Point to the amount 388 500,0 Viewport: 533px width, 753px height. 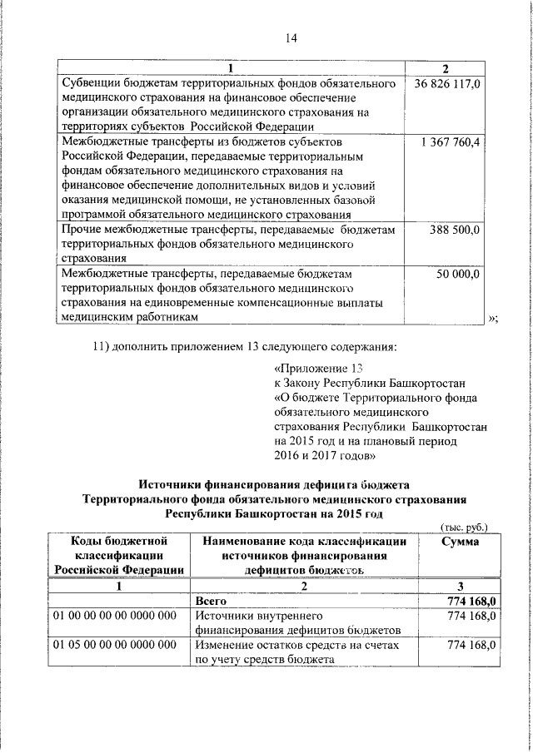pyautogui.click(x=455, y=230)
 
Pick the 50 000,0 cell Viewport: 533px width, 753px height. pyautogui.click(x=458, y=273)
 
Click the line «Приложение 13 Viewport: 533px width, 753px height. pyautogui.click(x=320, y=367)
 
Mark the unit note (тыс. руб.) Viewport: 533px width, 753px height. pyautogui.click(x=464, y=526)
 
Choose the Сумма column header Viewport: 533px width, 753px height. pyautogui.click(x=459, y=541)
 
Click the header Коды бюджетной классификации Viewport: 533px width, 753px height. pyautogui.click(x=119, y=541)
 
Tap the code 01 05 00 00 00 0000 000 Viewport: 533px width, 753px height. pyautogui.click(x=114, y=645)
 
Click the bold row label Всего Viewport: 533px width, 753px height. pyautogui.click(x=211, y=600)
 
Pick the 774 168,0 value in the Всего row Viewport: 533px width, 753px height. pyautogui.click(x=471, y=600)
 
